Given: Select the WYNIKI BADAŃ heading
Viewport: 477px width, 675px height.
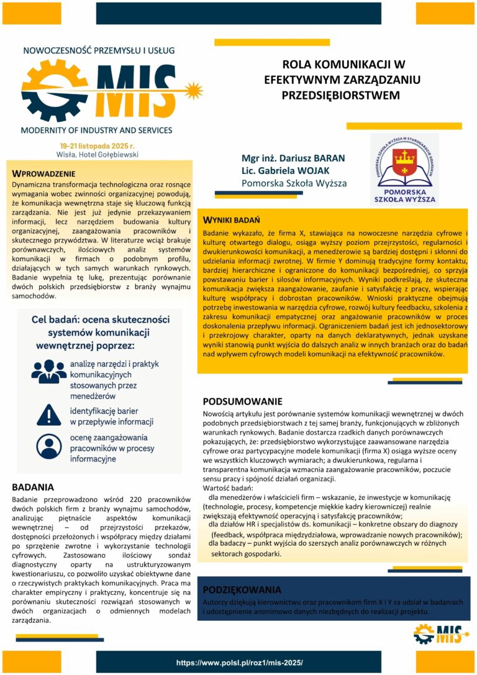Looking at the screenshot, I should (x=232, y=221).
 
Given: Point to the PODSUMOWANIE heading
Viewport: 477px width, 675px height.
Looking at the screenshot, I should (x=242, y=402).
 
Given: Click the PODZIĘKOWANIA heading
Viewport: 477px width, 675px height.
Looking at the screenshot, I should (x=242, y=590).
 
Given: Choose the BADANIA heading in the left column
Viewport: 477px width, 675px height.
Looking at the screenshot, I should (x=33, y=487).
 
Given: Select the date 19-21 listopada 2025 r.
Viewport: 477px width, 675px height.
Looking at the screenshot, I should (x=96, y=145).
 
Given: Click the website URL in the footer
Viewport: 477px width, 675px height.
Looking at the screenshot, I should (x=239, y=663).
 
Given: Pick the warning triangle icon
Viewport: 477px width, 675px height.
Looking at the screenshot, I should (x=48, y=414).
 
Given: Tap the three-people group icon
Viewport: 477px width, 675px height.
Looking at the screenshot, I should (x=48, y=370).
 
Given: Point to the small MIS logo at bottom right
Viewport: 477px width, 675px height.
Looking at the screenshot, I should (x=438, y=635).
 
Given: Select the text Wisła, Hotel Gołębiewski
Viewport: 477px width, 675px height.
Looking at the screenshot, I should (x=96, y=154).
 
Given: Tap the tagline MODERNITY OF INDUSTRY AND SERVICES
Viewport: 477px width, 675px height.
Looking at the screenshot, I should (x=96, y=131).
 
